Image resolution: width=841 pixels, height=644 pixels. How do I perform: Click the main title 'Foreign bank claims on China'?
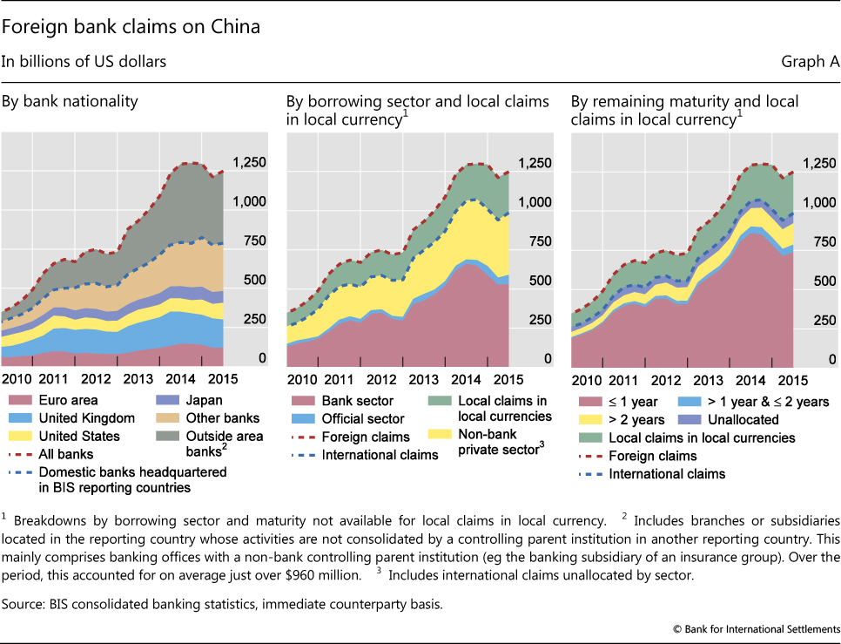[131, 26]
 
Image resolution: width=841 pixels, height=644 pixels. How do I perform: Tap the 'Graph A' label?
[811, 62]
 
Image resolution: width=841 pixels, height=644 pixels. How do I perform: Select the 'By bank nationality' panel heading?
[70, 102]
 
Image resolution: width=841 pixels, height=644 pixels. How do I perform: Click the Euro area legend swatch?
[19, 401]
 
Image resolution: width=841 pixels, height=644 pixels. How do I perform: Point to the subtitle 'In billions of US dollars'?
[84, 62]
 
